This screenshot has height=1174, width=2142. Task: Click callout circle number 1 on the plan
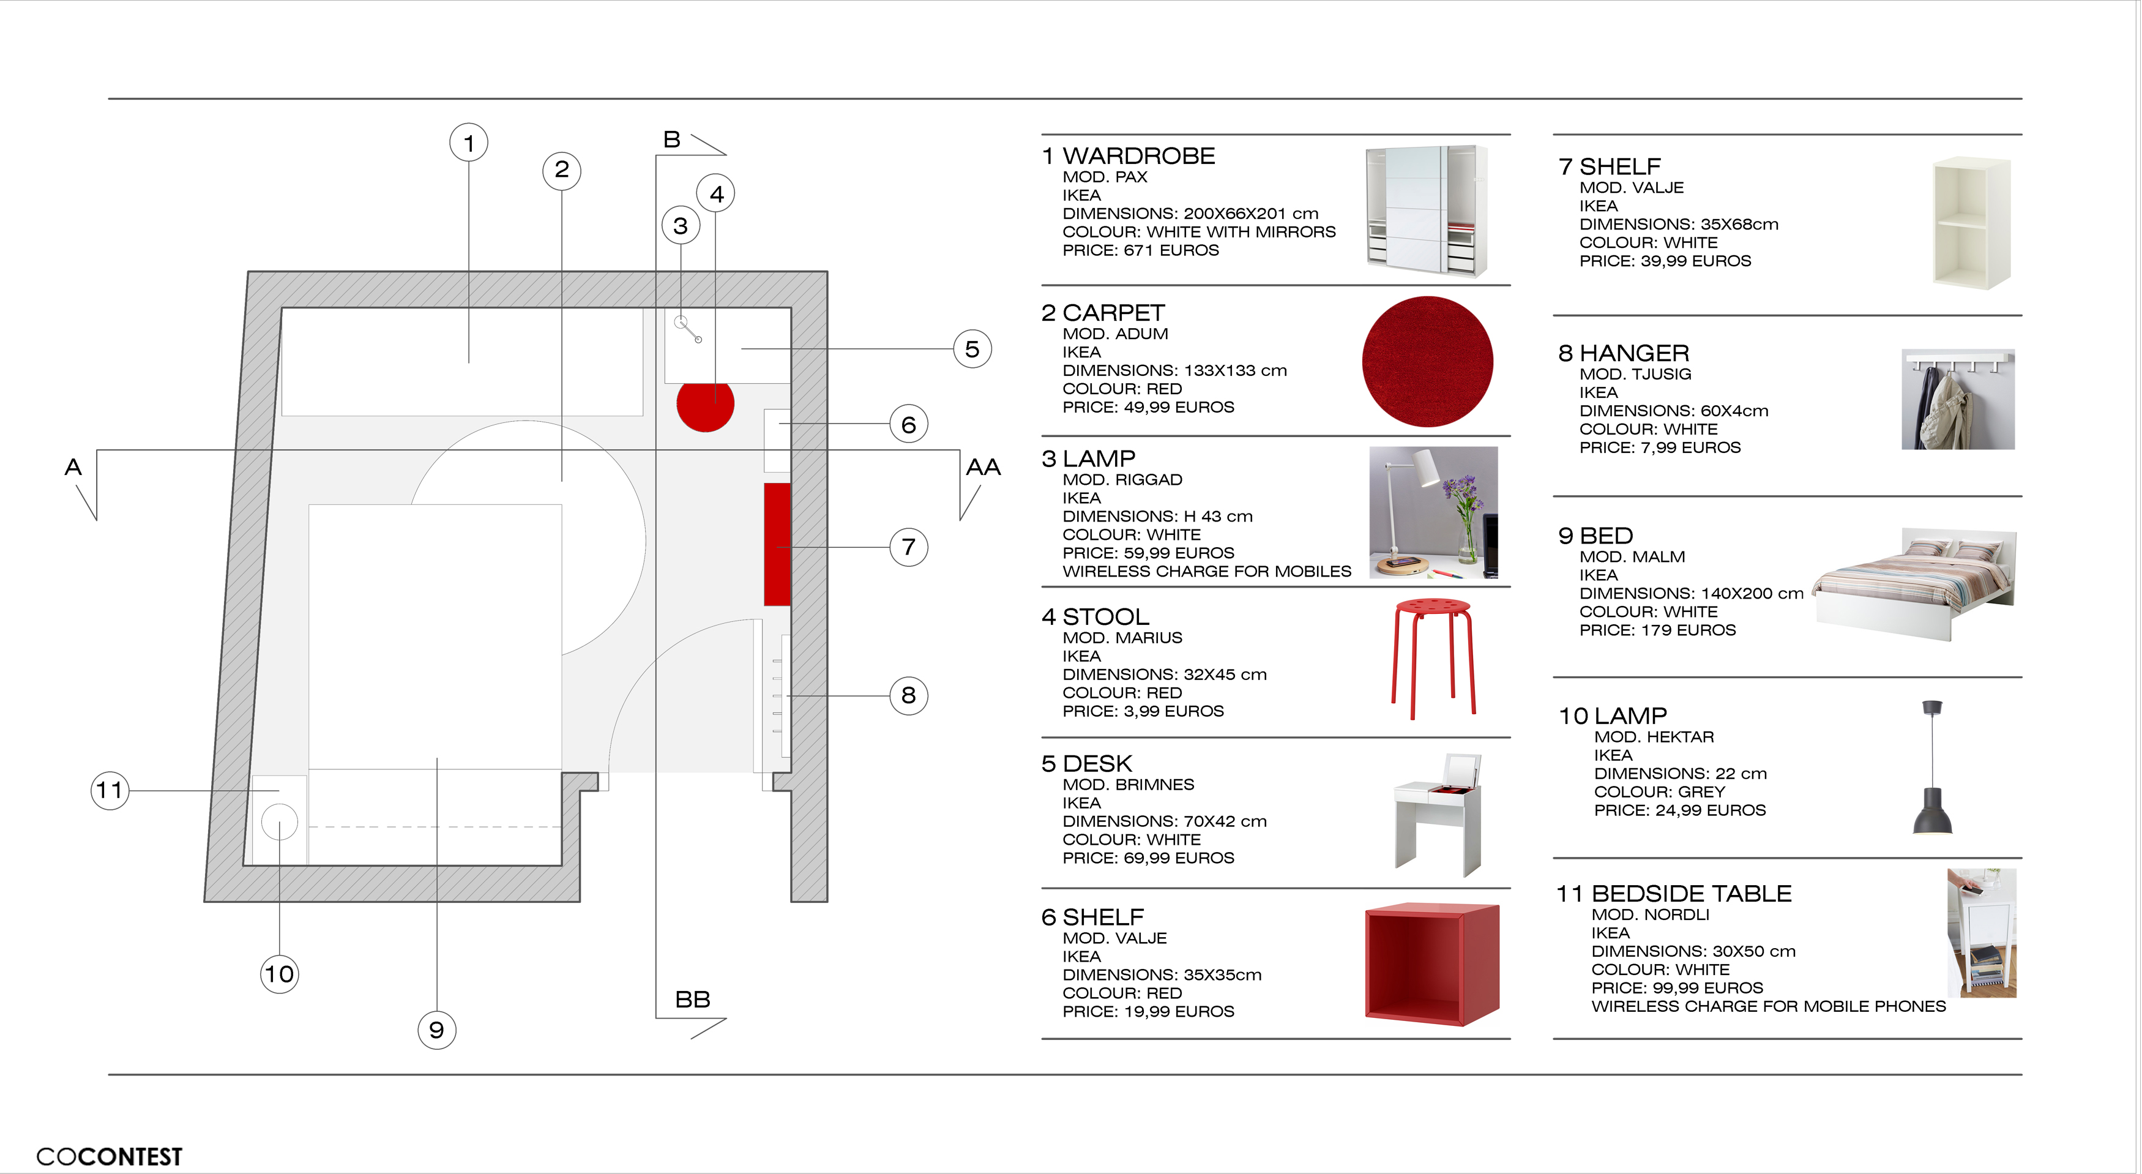469,143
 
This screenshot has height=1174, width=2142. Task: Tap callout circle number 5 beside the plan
972,350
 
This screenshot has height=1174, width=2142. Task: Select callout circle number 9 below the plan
436,1030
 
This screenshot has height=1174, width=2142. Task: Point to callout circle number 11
110,790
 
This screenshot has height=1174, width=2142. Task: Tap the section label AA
983,467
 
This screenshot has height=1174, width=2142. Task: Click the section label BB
693,1000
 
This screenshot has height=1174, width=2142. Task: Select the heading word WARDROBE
1138,156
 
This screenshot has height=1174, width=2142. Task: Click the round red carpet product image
1427,362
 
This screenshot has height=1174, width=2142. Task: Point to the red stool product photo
1433,657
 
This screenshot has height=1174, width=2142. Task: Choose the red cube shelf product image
1432,965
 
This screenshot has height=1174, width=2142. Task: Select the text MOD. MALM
1632,557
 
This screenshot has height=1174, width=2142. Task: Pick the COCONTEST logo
109,1156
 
